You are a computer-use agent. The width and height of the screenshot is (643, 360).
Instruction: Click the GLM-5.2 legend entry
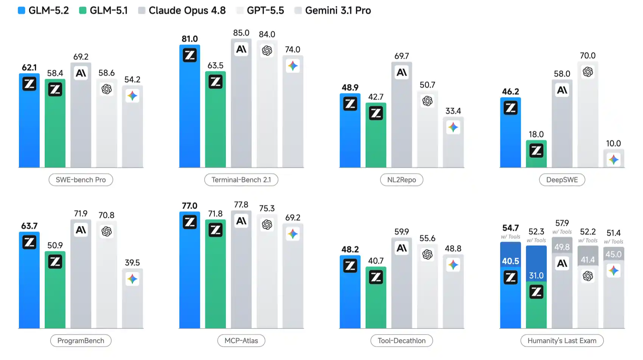point(43,10)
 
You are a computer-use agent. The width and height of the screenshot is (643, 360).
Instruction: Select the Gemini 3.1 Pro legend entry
point(333,10)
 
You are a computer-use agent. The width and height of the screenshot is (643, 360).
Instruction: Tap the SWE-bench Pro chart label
point(81,180)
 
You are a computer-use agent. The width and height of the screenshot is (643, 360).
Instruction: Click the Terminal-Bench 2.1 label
point(241,180)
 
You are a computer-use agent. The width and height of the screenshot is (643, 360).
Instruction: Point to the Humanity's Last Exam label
point(562,340)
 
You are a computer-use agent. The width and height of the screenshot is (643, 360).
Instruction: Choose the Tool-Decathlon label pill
point(402,340)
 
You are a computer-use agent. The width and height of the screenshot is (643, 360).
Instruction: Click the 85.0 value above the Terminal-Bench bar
point(241,33)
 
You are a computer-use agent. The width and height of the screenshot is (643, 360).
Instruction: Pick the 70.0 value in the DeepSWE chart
point(588,56)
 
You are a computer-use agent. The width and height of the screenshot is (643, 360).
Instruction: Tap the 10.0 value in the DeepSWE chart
point(613,144)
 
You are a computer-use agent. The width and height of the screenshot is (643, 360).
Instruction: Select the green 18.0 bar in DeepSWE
point(536,154)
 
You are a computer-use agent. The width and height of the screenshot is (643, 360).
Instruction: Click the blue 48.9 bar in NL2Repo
point(350,130)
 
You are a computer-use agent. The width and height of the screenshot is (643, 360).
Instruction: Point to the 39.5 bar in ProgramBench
point(132,298)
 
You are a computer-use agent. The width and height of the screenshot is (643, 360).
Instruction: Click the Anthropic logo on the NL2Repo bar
point(402,72)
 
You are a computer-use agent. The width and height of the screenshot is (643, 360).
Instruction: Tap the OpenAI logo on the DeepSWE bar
point(588,72)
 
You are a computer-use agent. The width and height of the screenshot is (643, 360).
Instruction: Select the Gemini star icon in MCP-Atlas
point(292,234)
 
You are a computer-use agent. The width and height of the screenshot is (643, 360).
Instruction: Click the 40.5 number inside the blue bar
point(510,261)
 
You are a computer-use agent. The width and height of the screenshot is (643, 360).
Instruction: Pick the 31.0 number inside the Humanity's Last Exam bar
point(536,276)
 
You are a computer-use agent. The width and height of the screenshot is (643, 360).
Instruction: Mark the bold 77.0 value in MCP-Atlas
point(189,206)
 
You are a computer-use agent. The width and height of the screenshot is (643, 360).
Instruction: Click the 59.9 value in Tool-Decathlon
point(402,232)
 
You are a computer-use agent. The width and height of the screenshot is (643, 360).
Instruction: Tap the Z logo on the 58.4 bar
point(55,90)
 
